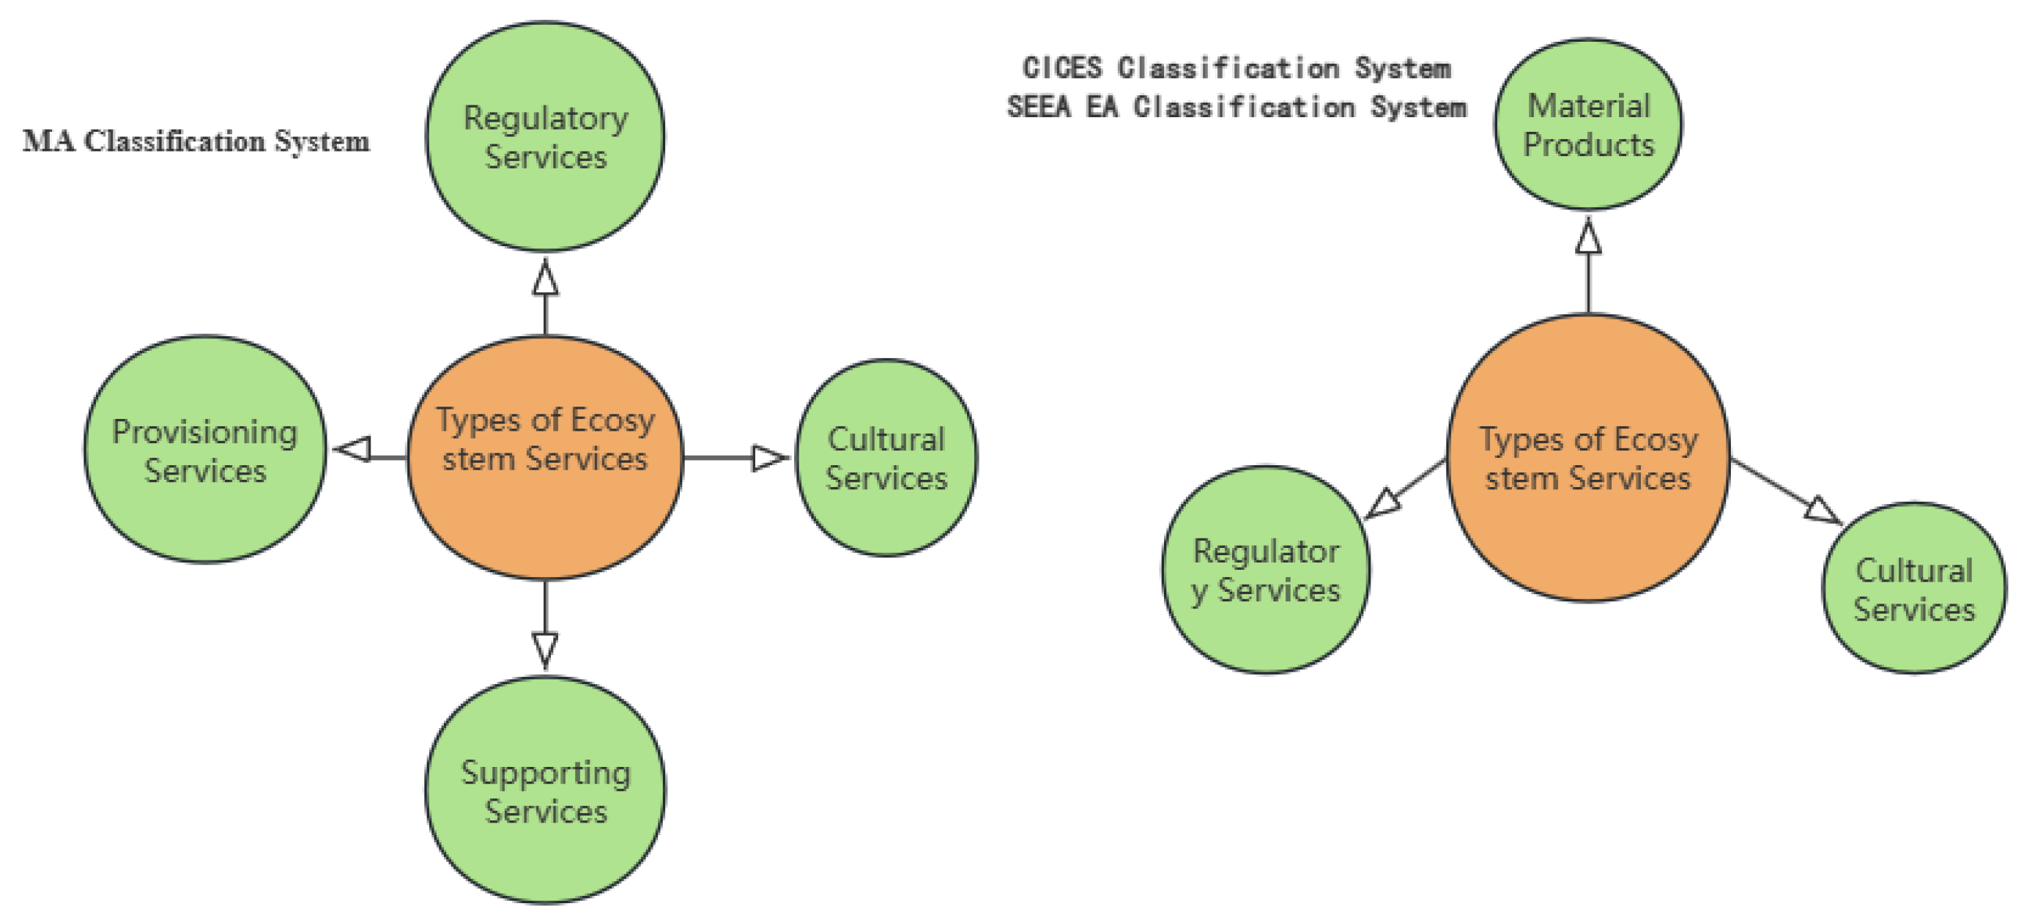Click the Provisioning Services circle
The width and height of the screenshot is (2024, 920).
(x=204, y=450)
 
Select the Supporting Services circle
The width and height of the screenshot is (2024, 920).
(x=545, y=790)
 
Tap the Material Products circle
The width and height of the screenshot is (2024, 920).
(x=1588, y=124)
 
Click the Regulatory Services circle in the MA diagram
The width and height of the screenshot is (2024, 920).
(x=545, y=137)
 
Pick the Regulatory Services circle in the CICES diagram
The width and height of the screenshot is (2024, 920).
(x=1266, y=570)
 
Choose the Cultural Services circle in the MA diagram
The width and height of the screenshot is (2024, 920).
(x=886, y=458)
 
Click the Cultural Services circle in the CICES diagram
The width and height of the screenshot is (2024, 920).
(x=1913, y=588)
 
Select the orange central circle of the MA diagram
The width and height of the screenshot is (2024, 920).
(x=545, y=458)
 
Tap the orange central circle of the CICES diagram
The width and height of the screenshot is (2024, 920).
(x=1588, y=458)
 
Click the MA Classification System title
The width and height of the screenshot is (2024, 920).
(x=196, y=141)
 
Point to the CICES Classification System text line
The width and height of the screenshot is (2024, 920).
(x=1236, y=68)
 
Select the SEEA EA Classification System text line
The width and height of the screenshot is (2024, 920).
(x=1236, y=107)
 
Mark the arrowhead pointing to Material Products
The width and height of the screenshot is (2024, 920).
(x=1588, y=237)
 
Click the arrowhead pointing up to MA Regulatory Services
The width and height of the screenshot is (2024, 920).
(x=545, y=278)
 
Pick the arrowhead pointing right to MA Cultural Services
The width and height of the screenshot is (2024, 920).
(x=768, y=458)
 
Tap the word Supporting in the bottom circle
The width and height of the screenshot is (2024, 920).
(x=545, y=772)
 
